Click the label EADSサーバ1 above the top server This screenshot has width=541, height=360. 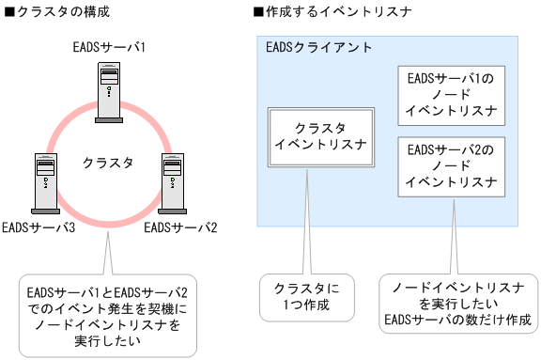(108, 46)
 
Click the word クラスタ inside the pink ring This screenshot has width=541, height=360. (109, 161)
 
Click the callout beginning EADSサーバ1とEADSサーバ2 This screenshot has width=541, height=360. (109, 314)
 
